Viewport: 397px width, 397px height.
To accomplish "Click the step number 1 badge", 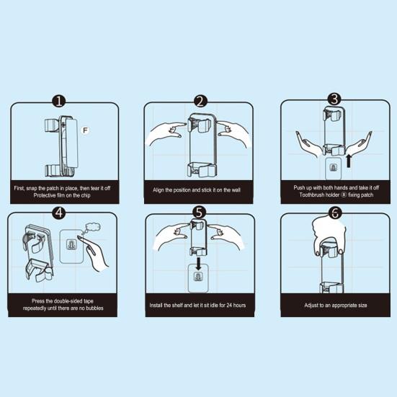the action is (x=59, y=101).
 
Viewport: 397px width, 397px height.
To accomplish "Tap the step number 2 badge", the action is (x=200, y=101).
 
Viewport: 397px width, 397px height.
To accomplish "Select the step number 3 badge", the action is (x=335, y=99).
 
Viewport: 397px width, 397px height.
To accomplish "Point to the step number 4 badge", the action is (x=59, y=213).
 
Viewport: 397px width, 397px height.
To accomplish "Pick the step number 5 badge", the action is (x=200, y=213).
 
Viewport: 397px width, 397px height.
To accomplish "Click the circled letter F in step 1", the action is (x=85, y=130).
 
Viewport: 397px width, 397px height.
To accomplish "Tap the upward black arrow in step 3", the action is (x=349, y=161).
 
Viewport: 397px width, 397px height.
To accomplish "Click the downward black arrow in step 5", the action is (x=199, y=264).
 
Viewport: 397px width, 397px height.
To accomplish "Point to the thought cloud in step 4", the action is (x=93, y=227).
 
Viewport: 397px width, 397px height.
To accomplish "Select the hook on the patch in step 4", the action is (x=71, y=244).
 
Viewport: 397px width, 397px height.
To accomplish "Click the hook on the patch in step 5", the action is (x=197, y=277).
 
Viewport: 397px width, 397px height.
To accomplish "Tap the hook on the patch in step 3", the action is (x=334, y=167).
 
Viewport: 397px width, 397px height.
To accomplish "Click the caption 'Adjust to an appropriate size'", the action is (x=336, y=305).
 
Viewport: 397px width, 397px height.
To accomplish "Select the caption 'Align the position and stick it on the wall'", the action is (x=197, y=190).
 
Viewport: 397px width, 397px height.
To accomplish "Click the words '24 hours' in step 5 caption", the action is (x=236, y=305).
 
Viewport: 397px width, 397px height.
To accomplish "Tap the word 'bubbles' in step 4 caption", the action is (x=94, y=308).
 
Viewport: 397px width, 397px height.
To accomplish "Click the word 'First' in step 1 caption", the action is (x=19, y=188).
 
